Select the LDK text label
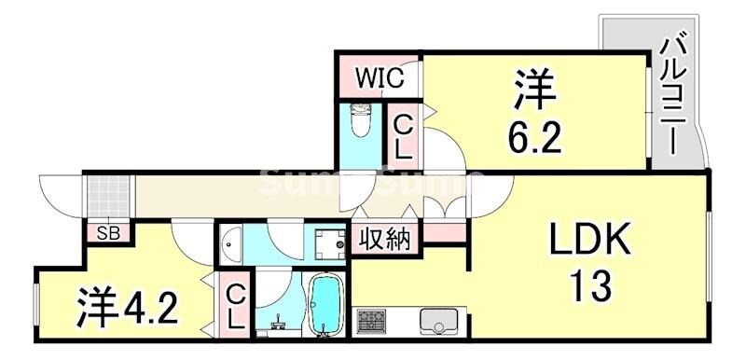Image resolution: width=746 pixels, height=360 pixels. click(588, 241)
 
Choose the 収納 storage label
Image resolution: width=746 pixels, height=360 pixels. click(385, 240)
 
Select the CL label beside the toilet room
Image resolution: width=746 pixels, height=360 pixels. click(403, 136)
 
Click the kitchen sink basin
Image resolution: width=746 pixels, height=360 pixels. click(436, 321)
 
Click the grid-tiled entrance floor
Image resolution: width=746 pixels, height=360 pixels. click(110, 195)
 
